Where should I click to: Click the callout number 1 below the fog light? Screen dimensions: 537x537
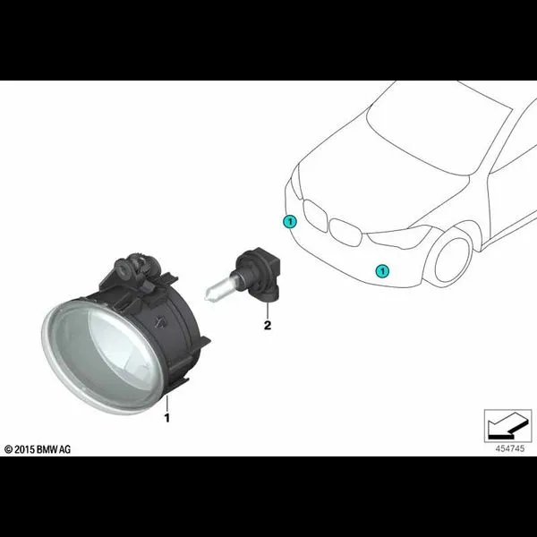[x=167, y=418]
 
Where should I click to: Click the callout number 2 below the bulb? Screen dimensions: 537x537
[x=268, y=325]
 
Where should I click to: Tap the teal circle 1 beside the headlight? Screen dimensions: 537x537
[x=290, y=222]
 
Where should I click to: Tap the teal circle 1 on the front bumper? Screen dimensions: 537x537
[x=382, y=271]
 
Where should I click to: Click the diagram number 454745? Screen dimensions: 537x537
[x=509, y=448]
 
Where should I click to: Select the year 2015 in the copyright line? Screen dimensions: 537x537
[x=25, y=449]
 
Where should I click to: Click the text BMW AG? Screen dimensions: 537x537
[x=54, y=449]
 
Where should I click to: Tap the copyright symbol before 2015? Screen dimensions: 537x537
[x=8, y=449]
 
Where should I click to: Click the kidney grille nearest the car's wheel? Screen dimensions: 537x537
[x=345, y=232]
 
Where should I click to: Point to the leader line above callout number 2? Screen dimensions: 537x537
[x=268, y=311]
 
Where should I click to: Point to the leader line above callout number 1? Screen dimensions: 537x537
[x=166, y=404]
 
